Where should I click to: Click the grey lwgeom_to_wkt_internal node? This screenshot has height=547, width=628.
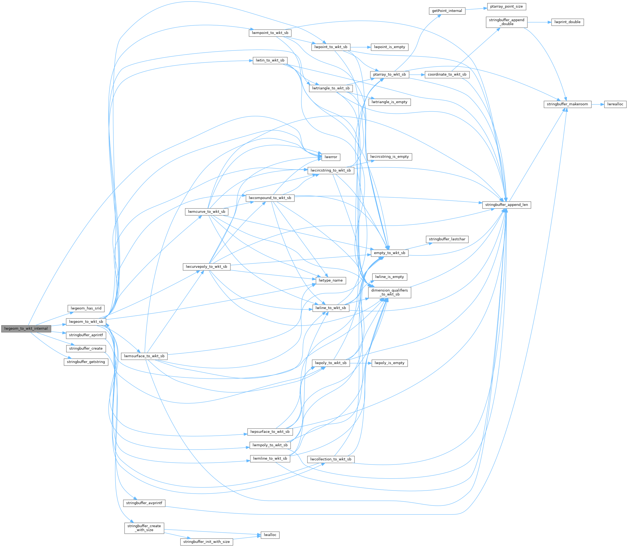26,328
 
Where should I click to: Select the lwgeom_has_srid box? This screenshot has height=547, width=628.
86,308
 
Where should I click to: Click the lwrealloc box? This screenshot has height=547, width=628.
615,104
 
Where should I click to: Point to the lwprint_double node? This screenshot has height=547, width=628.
567,22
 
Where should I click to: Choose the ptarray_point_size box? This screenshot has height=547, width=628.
506,7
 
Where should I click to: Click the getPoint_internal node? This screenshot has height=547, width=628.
447,11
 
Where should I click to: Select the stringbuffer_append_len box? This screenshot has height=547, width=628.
506,205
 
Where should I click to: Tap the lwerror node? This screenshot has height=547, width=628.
331,157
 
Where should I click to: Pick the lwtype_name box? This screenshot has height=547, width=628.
331,280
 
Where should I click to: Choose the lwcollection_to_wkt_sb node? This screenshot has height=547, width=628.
331,459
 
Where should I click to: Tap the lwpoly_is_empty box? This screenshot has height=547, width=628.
390,363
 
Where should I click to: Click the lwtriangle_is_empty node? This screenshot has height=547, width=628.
390,102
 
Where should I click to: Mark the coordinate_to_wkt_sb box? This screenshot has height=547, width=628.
447,74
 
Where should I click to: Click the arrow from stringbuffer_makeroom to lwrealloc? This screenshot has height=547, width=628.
598,104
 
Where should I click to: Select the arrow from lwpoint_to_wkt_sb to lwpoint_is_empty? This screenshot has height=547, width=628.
360,47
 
